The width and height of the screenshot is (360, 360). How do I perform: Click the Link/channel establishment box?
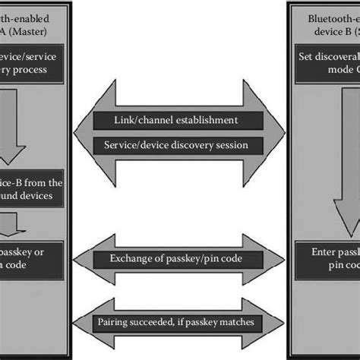point(178,120)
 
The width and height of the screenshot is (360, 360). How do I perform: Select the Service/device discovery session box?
point(178,145)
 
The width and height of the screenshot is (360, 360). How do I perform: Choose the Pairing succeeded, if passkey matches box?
point(178,323)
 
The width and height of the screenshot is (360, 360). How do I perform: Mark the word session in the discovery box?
point(241,145)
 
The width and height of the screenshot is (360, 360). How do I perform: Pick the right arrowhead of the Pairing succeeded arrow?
point(273,323)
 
